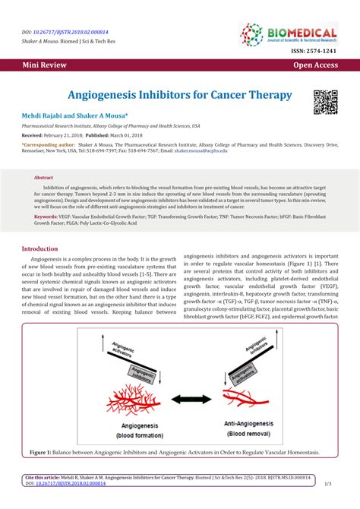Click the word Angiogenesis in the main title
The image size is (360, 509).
[x=111, y=96]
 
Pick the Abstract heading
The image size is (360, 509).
[x=43, y=177]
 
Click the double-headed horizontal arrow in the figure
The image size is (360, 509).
[x=180, y=397]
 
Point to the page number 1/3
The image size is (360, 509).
[x=327, y=483]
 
